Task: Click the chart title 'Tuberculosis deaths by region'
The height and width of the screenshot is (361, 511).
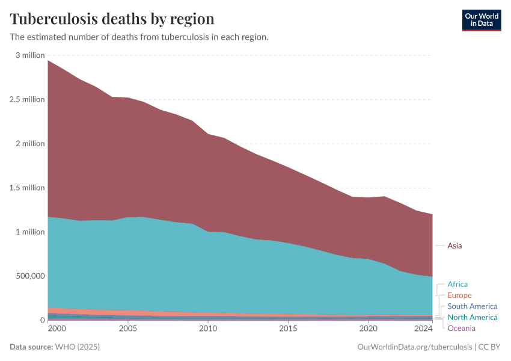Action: point(112,18)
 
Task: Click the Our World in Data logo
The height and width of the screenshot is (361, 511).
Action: point(481,20)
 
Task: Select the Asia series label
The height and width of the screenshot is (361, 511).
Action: point(454,245)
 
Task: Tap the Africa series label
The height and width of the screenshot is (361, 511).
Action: point(457,284)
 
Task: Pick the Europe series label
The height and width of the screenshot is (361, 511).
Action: point(459,295)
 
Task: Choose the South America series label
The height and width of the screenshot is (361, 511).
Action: point(472,306)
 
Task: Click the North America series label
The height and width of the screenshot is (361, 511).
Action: point(472,317)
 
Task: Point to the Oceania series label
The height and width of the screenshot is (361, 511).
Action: point(461,328)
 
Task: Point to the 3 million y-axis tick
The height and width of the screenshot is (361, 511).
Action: point(30,55)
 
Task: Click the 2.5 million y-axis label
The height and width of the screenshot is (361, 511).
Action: point(28,99)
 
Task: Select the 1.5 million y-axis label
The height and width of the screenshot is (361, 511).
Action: point(28,188)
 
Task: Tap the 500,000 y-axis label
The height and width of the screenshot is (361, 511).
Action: point(29,276)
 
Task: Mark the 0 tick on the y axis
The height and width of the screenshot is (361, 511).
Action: point(42,320)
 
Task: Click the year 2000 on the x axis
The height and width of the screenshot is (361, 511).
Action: point(57,329)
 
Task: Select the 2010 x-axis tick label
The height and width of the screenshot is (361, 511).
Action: point(208,329)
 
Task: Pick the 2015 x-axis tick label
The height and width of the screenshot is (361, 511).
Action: point(288,329)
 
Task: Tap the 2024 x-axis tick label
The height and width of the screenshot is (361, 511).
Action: point(423,329)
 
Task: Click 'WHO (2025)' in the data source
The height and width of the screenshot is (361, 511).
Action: point(77,347)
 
